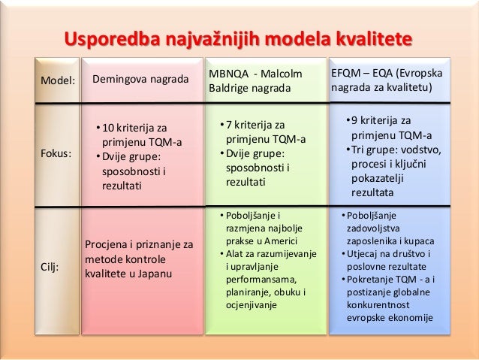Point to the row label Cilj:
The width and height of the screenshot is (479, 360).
coord(51,266)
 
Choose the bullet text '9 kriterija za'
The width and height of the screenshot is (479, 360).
coord(383,120)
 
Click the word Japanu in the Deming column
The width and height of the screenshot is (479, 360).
coord(153,273)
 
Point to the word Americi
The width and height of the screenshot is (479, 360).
coord(279,241)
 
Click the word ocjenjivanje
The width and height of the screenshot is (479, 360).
coord(252,306)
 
